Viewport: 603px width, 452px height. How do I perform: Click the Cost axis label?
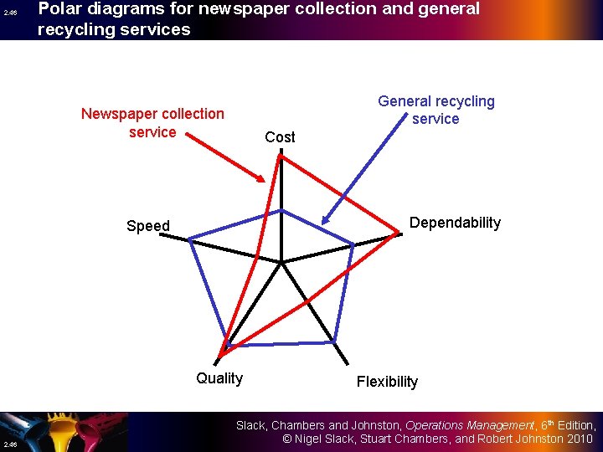click(280, 136)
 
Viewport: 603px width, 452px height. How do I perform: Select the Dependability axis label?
click(455, 223)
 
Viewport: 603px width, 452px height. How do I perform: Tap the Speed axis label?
click(148, 226)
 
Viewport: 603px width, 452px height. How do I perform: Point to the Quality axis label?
click(219, 378)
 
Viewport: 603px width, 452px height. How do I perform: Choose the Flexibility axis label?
click(387, 382)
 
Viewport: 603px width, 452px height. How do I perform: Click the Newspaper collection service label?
click(152, 122)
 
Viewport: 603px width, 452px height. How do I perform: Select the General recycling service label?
click(435, 110)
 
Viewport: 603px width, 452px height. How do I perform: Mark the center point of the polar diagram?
click(282, 263)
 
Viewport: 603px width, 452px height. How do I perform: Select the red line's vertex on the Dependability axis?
click(398, 238)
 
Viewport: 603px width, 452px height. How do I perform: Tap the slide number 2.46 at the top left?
click(9, 13)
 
